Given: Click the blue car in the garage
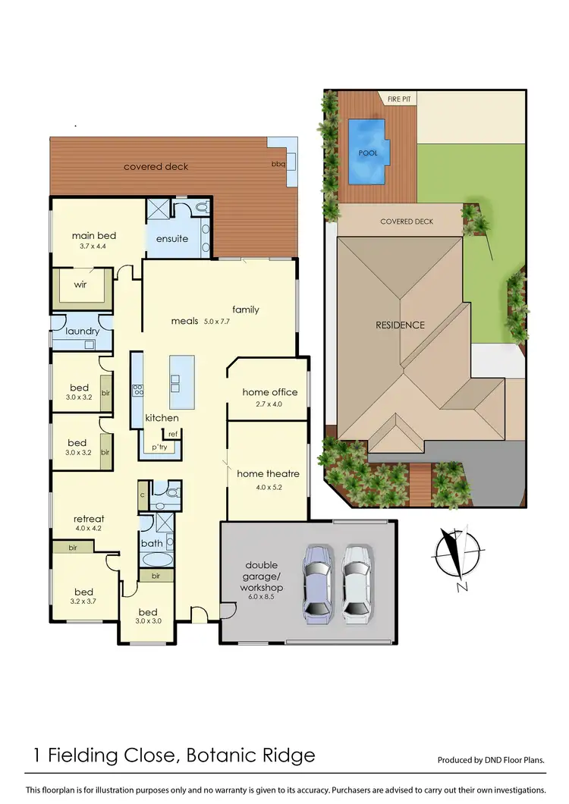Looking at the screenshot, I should (319, 585).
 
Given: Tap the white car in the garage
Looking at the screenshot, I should (354, 585).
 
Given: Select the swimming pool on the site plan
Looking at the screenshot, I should (368, 152).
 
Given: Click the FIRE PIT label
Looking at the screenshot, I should (401, 99).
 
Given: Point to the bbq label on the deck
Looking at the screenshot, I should (278, 164).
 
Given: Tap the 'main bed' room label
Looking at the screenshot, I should (93, 235).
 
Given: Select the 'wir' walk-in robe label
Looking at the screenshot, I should (80, 285).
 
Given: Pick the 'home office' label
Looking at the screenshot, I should (270, 392).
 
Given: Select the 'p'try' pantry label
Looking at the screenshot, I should (159, 448).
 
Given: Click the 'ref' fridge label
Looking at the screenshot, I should (172, 434).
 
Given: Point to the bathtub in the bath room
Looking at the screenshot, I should (157, 561).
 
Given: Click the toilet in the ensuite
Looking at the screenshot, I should (200, 206).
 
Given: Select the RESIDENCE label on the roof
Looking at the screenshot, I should (400, 325).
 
